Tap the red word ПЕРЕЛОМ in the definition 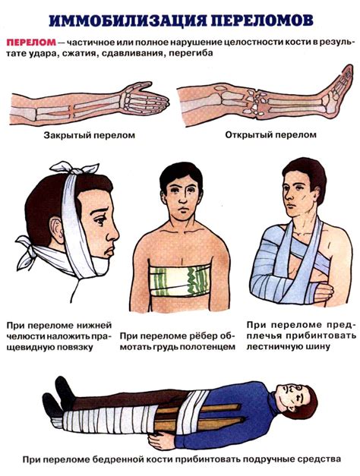[x=31, y=43]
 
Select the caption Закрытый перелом [x=90, y=135]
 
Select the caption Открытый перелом [x=270, y=135]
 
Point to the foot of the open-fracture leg [x=338, y=91]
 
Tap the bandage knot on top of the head [x=74, y=168]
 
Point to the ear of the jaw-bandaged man [x=56, y=229]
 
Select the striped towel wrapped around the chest [x=181, y=281]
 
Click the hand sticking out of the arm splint [x=324, y=292]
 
